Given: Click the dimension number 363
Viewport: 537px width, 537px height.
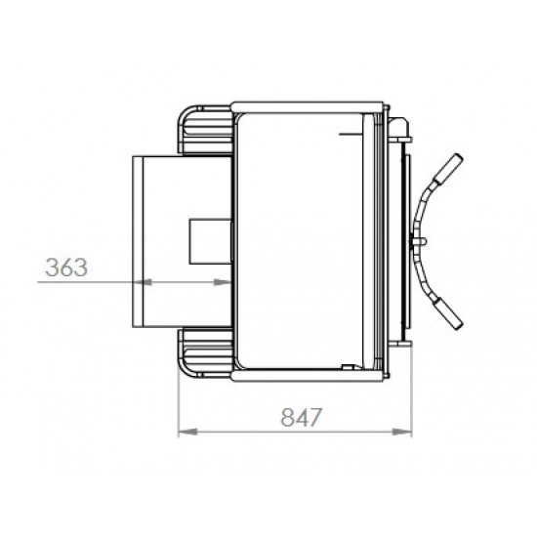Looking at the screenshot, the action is tap(66, 268).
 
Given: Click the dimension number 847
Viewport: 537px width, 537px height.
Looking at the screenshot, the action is tap(302, 417).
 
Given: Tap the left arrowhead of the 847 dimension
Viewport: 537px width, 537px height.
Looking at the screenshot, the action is tap(188, 432).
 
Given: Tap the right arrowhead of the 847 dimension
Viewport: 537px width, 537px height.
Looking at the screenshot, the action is tap(401, 432).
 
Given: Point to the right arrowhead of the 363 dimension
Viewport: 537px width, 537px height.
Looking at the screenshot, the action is tap(223, 282).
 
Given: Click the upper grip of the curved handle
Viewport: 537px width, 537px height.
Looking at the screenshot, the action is tap(448, 168).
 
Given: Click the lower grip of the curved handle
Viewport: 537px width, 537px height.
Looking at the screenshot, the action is tap(448, 313).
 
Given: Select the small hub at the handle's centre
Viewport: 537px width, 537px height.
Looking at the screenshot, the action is tap(418, 241).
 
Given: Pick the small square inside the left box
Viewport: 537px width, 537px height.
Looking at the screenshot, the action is tap(211, 241).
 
